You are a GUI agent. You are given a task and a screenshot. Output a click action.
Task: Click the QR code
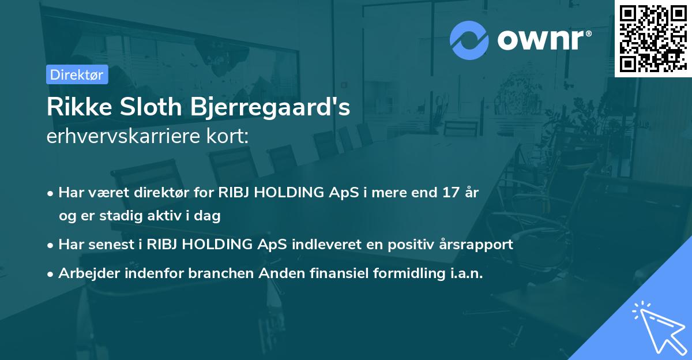653,39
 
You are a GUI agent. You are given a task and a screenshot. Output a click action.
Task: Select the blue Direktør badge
77,74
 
